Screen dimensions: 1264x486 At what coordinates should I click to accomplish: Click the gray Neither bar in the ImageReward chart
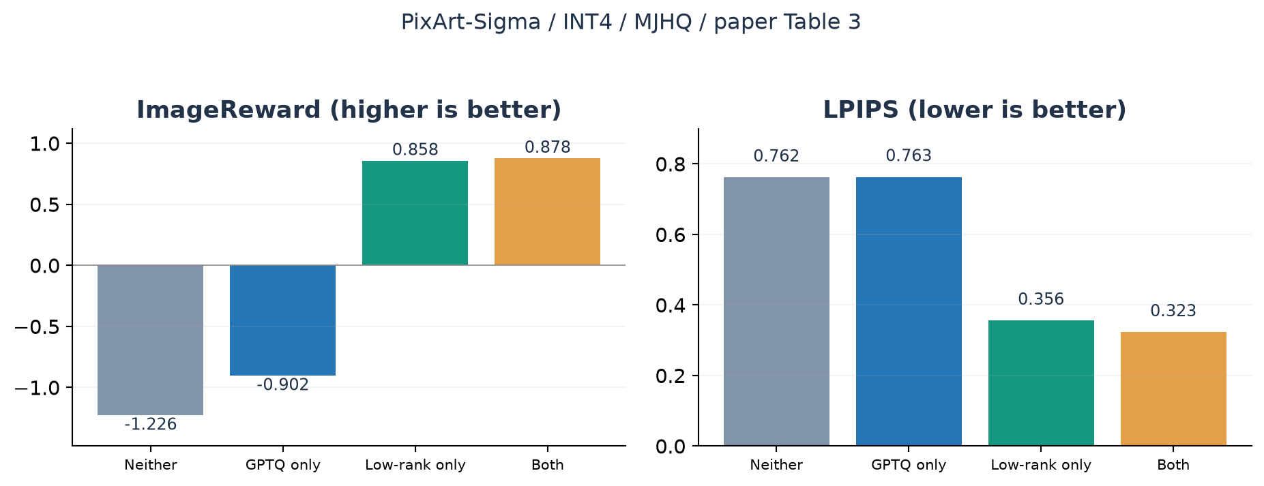point(150,340)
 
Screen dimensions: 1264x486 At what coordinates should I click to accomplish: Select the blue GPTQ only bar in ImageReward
point(282,320)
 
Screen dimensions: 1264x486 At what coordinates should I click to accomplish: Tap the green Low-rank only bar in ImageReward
point(415,213)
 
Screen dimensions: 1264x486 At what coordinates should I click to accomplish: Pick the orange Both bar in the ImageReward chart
point(547,211)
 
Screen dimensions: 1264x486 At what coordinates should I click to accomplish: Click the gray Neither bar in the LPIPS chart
point(776,312)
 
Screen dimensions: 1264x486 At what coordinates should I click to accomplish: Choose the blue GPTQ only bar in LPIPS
point(909,312)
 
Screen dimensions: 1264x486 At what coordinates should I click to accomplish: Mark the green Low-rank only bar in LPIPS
point(1041,383)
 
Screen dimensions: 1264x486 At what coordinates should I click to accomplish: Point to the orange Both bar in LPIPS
point(1173,389)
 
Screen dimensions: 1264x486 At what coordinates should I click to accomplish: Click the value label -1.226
point(150,425)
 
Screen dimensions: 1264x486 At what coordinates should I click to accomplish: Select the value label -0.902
point(282,385)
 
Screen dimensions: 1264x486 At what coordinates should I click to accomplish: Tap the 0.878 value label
point(547,147)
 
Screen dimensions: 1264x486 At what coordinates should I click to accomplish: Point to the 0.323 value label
point(1173,311)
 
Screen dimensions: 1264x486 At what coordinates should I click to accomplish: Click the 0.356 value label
point(1041,299)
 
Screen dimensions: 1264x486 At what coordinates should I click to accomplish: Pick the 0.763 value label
point(909,156)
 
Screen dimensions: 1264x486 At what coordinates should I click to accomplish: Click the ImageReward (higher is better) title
point(349,110)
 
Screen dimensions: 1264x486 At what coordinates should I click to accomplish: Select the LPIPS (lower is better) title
point(974,110)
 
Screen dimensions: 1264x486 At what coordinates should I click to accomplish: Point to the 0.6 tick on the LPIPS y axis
point(671,235)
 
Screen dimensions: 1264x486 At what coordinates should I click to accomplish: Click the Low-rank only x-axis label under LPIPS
point(1041,465)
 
